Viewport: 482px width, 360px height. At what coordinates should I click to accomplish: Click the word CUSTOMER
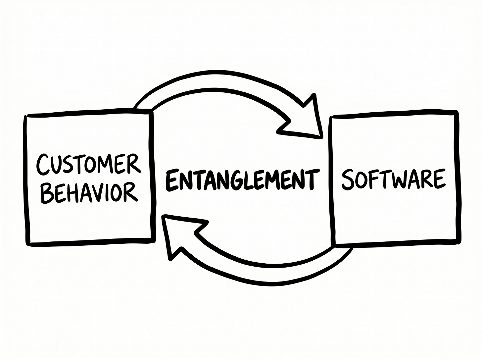pyautogui.click(x=88, y=165)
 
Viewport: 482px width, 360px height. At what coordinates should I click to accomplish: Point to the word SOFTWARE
pyautogui.click(x=393, y=179)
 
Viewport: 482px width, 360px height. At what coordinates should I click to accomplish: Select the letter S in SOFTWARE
pyautogui.click(x=347, y=180)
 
